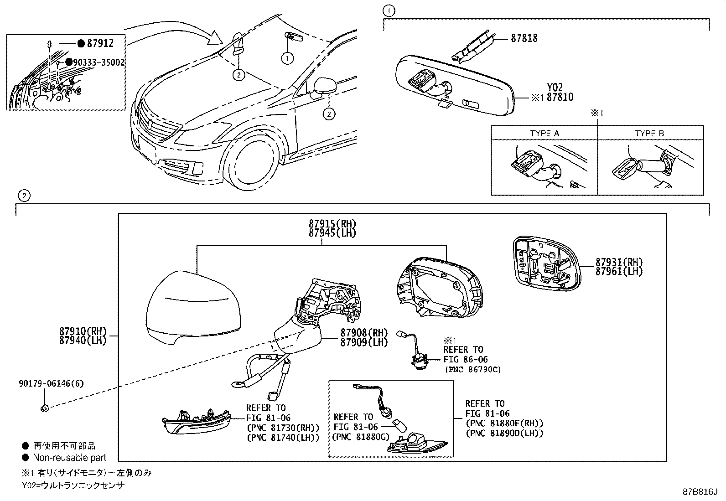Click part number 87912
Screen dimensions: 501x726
coord(100,43)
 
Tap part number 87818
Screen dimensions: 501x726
coord(524,39)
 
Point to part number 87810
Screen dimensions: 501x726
coord(560,97)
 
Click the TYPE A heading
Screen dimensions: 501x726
coord(544,134)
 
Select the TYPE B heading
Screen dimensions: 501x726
coord(649,134)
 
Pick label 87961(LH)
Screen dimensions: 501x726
coord(619,271)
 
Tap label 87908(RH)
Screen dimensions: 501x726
coord(364,333)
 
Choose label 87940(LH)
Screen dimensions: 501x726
coord(83,340)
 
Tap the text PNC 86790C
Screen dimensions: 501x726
coord(472,369)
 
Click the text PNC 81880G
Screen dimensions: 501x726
coord(361,437)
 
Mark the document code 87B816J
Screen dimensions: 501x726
coord(700,492)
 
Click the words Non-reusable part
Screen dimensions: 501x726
coord(69,458)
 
